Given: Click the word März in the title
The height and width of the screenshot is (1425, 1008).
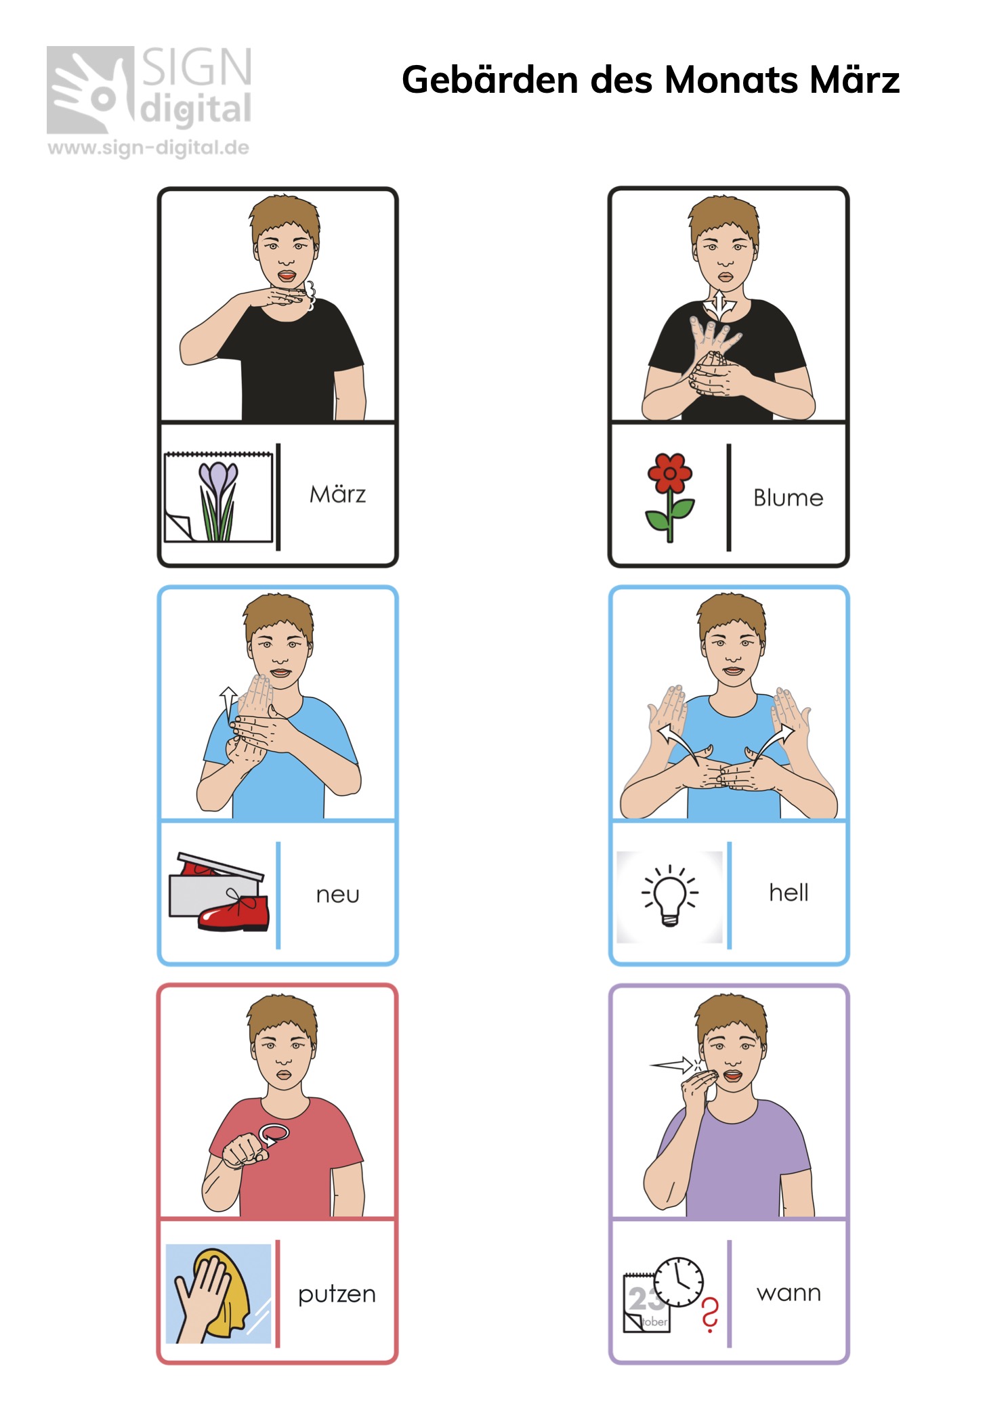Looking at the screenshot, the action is (x=854, y=80).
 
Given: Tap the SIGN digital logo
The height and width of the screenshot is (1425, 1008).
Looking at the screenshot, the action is (x=149, y=89).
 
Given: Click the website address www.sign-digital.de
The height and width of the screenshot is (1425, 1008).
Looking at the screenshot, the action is (x=148, y=148).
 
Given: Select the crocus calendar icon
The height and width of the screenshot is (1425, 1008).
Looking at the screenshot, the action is (x=218, y=496).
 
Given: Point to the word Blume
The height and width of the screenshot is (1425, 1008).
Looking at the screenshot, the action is (x=788, y=498).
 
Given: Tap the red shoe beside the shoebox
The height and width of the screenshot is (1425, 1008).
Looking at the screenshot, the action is (x=234, y=911).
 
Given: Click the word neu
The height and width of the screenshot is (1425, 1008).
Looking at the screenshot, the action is (x=337, y=895).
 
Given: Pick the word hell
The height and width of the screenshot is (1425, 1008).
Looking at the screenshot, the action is (x=789, y=892).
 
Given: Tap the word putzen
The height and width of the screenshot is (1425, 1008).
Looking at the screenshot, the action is (x=337, y=1294).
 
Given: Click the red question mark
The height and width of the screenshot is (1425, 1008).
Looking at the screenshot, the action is (x=709, y=1315).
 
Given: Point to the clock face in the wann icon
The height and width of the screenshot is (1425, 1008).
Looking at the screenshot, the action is (x=679, y=1282).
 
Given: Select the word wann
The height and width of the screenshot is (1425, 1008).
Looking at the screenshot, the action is (x=789, y=1293).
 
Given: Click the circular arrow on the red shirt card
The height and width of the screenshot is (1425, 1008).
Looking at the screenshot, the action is (x=274, y=1134).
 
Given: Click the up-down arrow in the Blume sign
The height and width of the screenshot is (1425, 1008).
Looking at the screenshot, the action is (x=719, y=306).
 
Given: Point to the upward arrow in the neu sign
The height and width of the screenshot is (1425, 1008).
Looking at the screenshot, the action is (x=228, y=704).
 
